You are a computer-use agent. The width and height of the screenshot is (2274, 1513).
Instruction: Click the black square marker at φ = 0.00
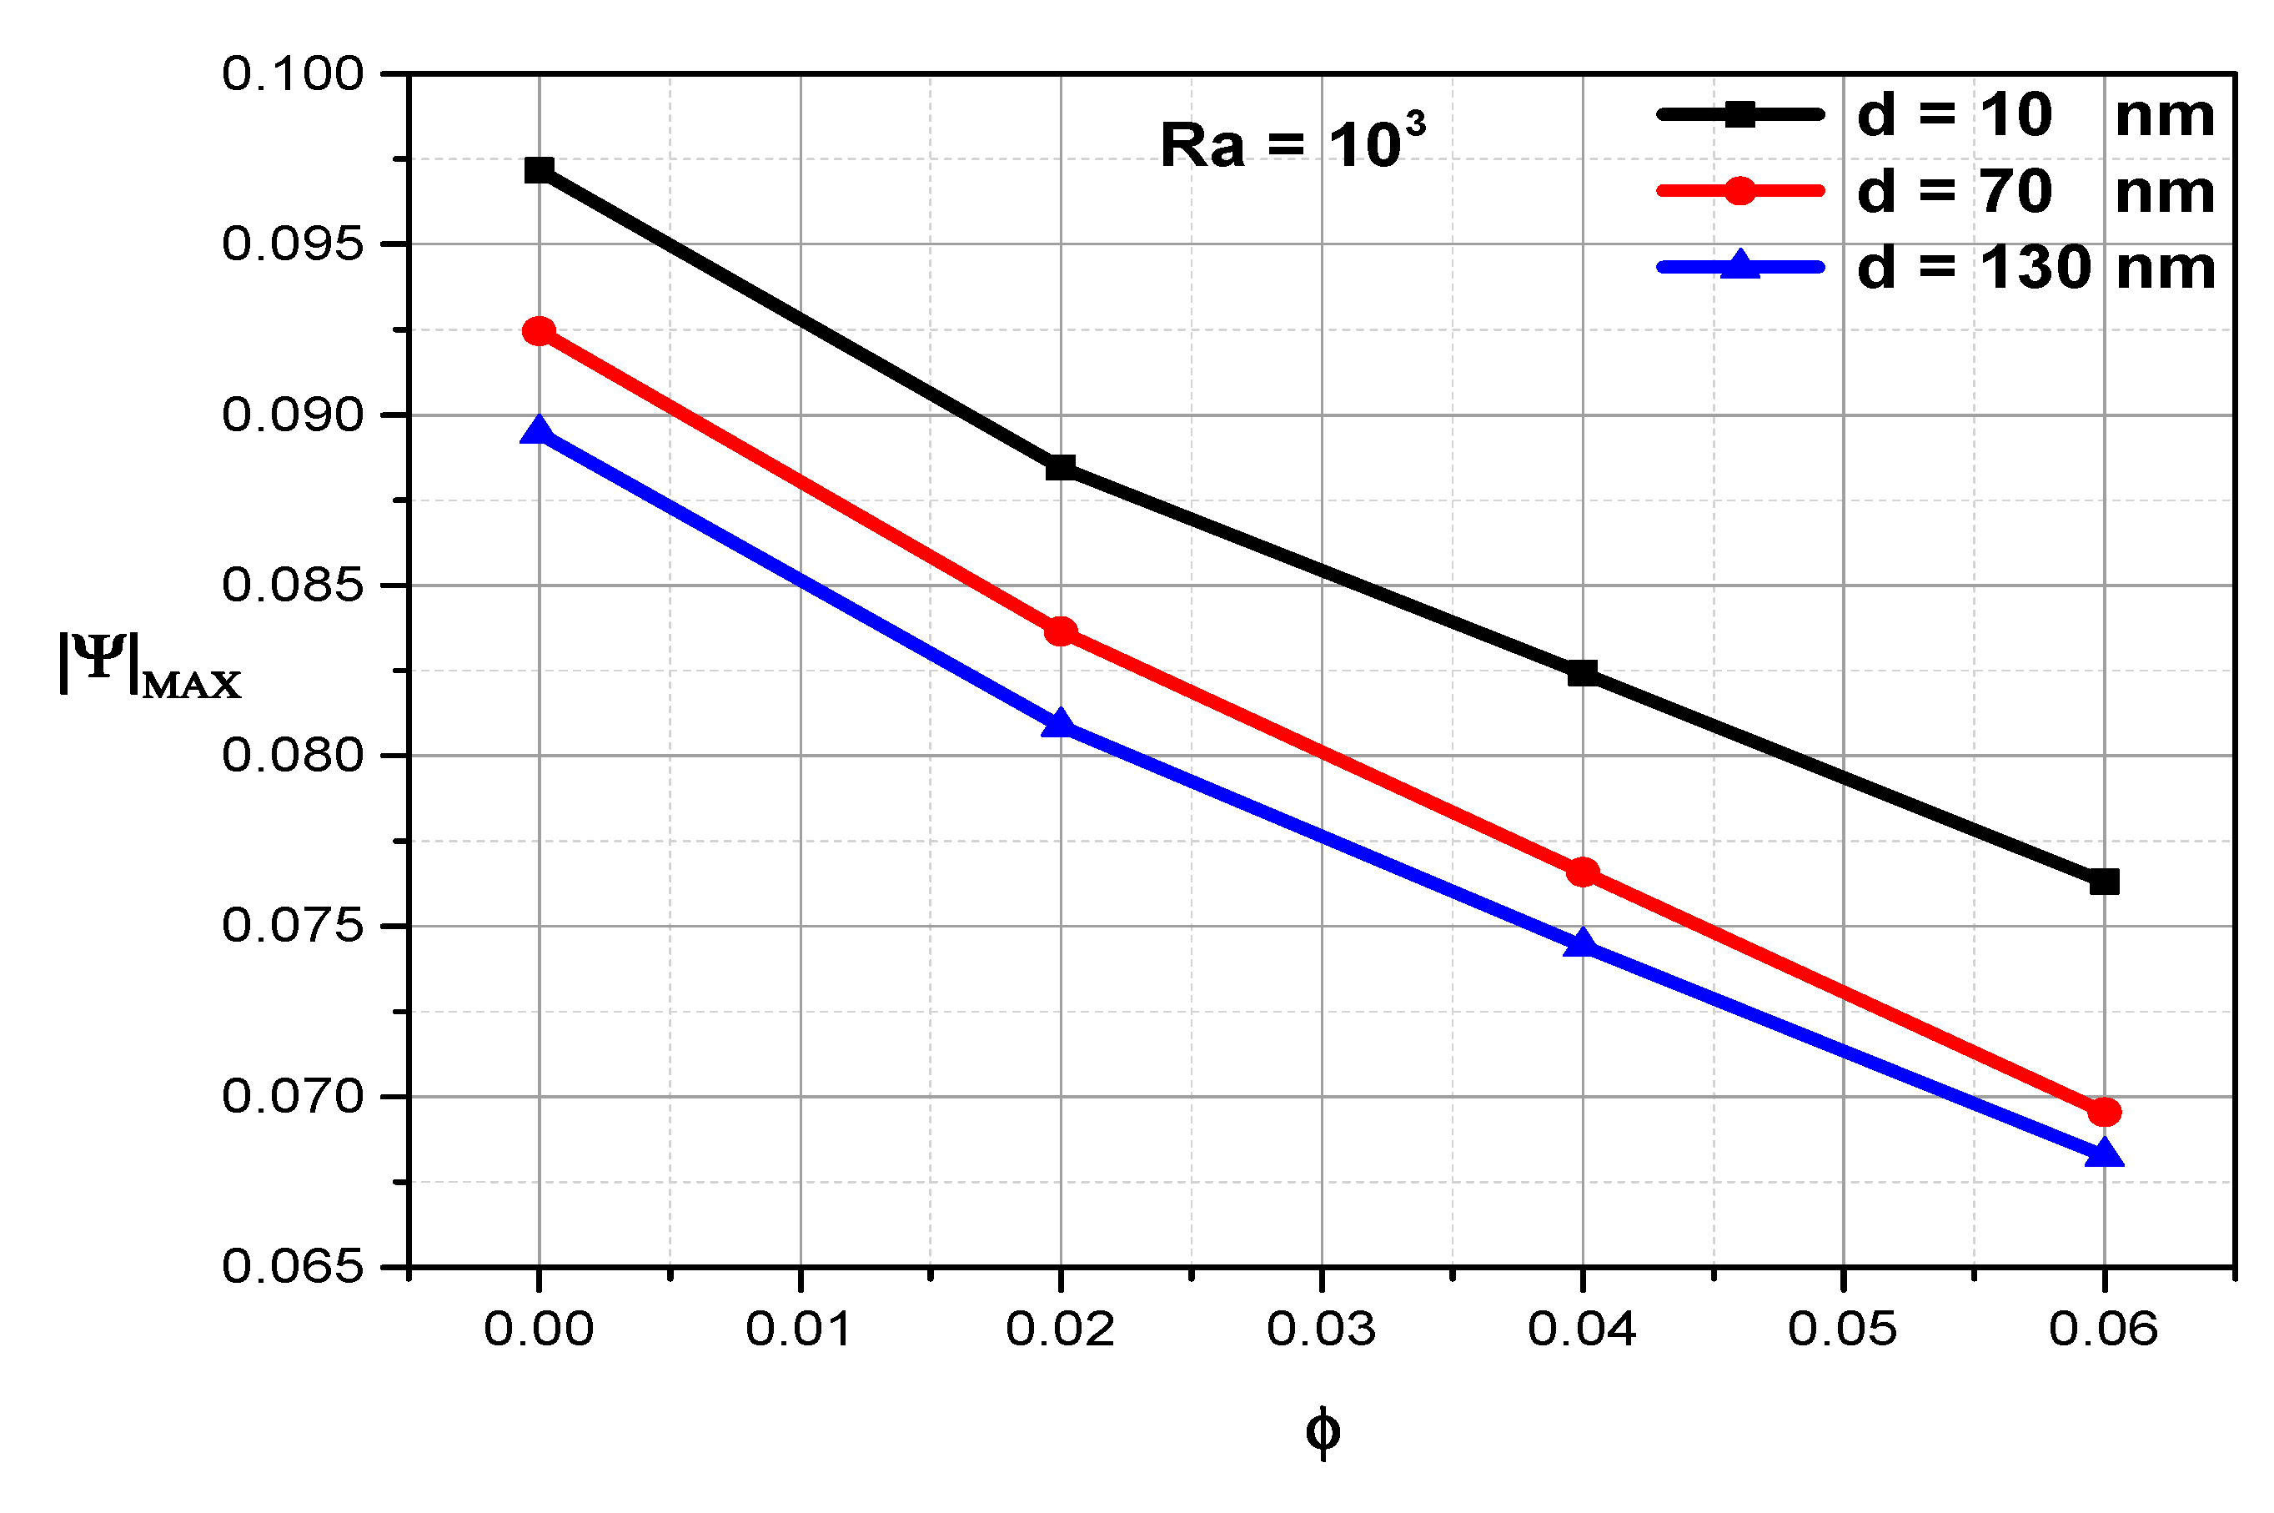(539, 171)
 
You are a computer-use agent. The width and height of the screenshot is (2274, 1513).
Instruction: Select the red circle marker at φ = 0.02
(1061, 632)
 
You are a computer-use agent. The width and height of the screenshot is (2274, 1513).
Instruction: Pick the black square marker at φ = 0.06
(2103, 881)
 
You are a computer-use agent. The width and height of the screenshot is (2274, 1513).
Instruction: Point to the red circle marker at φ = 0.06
(2103, 1113)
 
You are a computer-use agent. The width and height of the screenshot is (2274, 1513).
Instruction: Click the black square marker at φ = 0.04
(1581, 672)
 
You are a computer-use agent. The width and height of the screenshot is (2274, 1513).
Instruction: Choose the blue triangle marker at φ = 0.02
(1061, 723)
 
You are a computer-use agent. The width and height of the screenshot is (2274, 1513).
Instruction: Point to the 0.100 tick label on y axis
(293, 73)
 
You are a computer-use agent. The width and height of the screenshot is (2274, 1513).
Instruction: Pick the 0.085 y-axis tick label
(293, 585)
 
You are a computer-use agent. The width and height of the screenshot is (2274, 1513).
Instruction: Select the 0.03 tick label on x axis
(1320, 1330)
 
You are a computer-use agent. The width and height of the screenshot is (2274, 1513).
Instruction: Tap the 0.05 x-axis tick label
(1842, 1330)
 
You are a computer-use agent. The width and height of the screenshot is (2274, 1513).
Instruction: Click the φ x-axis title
(1322, 1432)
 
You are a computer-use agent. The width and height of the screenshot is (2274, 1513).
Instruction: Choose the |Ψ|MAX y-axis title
(149, 664)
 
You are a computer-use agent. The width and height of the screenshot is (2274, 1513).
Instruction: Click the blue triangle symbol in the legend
(1739, 265)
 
